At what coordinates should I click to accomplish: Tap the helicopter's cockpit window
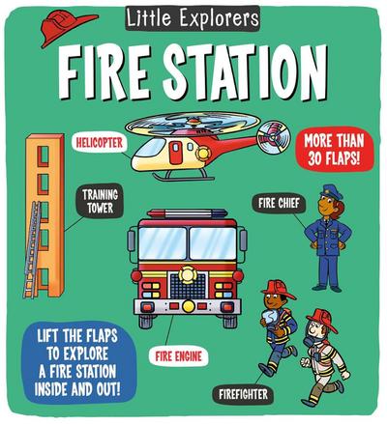158,147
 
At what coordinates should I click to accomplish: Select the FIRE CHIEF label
280,203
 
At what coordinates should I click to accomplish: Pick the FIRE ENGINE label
179,355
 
